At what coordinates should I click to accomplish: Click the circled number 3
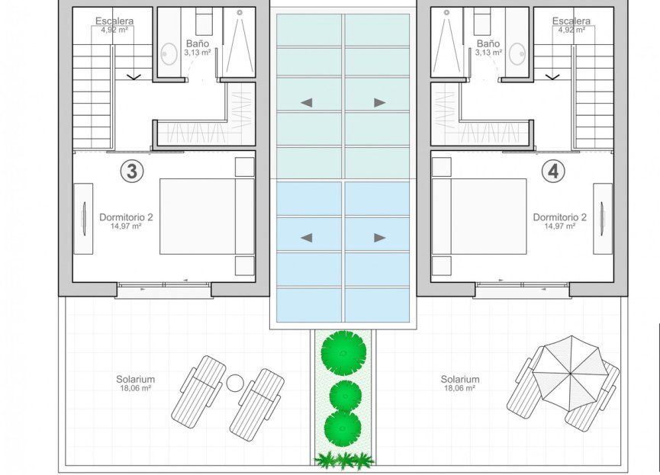(x=132, y=172)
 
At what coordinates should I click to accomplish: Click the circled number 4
(x=553, y=172)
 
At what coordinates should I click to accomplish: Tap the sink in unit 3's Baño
(x=169, y=54)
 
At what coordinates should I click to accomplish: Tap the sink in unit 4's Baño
(x=517, y=54)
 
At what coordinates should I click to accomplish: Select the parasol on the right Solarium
(x=570, y=373)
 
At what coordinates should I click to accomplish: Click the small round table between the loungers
(x=235, y=383)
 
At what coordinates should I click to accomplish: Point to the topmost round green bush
(x=343, y=353)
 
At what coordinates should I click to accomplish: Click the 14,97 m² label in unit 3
(x=126, y=226)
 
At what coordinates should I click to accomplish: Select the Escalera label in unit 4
(x=571, y=21)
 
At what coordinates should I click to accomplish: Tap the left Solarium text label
(x=136, y=379)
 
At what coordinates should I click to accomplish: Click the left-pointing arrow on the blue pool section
(x=307, y=238)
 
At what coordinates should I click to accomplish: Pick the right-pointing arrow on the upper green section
(x=380, y=102)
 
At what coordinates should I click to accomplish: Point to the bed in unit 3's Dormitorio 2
(x=207, y=217)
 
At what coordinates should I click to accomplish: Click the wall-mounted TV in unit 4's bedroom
(x=602, y=219)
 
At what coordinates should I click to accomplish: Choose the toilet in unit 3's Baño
(x=204, y=21)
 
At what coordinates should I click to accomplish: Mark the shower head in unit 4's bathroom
(x=446, y=13)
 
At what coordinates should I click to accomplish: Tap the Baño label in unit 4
(x=488, y=43)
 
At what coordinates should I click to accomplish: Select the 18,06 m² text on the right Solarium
(x=459, y=388)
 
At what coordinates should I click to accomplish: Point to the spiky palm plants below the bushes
(x=344, y=461)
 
